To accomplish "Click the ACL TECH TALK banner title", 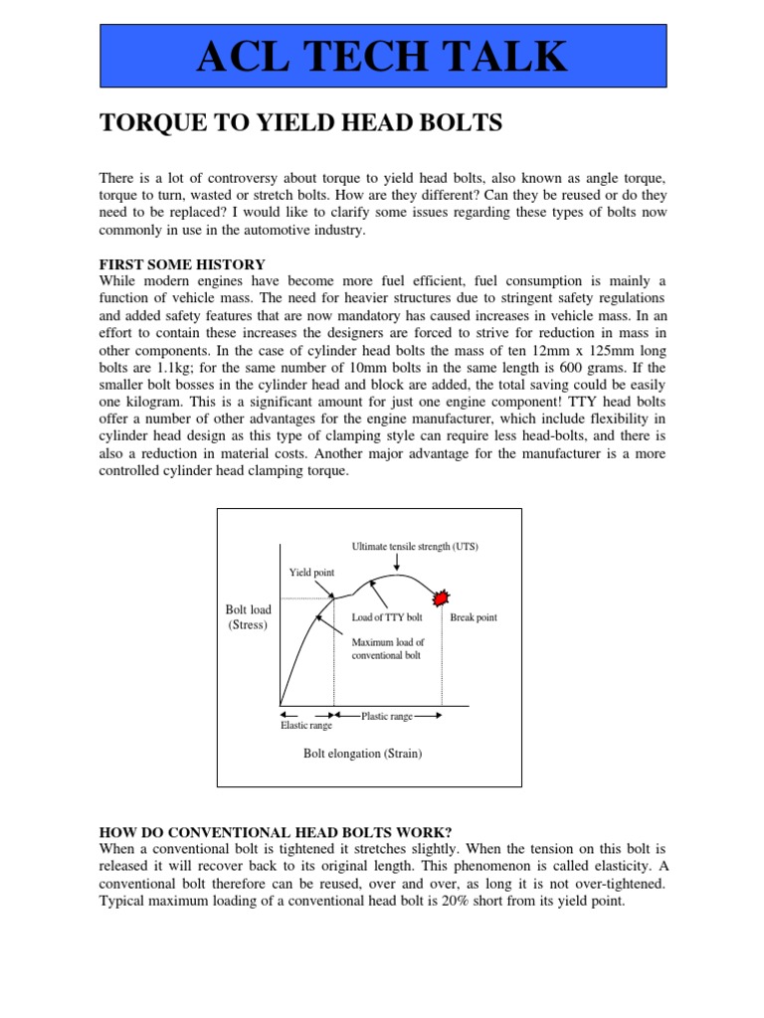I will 382,57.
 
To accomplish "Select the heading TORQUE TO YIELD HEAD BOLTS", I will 299,123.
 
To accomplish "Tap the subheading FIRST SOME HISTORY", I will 182,264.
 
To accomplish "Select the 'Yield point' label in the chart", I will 312,573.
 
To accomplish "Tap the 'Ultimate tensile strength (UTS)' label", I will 415,547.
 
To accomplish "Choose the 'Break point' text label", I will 474,617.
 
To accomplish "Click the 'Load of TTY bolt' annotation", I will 387,617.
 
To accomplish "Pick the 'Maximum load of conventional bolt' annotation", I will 388,648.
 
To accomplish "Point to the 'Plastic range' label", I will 387,716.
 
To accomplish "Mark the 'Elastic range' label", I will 306,726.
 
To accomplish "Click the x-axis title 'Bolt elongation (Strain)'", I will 363,754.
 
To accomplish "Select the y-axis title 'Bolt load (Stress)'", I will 248,616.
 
